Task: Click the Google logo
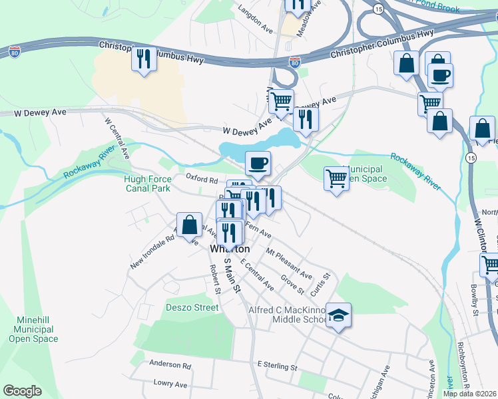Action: pos(22,391)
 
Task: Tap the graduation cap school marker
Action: pos(338,316)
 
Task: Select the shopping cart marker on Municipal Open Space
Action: pos(336,178)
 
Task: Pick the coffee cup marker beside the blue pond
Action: pos(258,163)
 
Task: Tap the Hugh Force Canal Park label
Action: pos(147,184)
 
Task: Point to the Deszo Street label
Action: pos(192,308)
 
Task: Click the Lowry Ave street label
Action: pos(170,384)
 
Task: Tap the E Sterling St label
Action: pos(276,366)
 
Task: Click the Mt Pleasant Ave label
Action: pos(289,263)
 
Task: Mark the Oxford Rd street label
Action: pos(202,179)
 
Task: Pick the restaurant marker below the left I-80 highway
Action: pos(144,60)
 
